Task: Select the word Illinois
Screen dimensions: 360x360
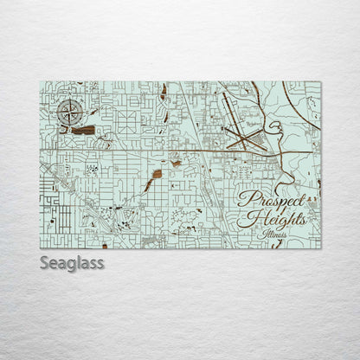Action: [272, 233]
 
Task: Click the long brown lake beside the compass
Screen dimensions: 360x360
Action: [84, 130]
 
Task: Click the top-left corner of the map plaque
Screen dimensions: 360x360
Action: [41, 82]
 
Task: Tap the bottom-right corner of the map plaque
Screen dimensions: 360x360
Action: [320, 247]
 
